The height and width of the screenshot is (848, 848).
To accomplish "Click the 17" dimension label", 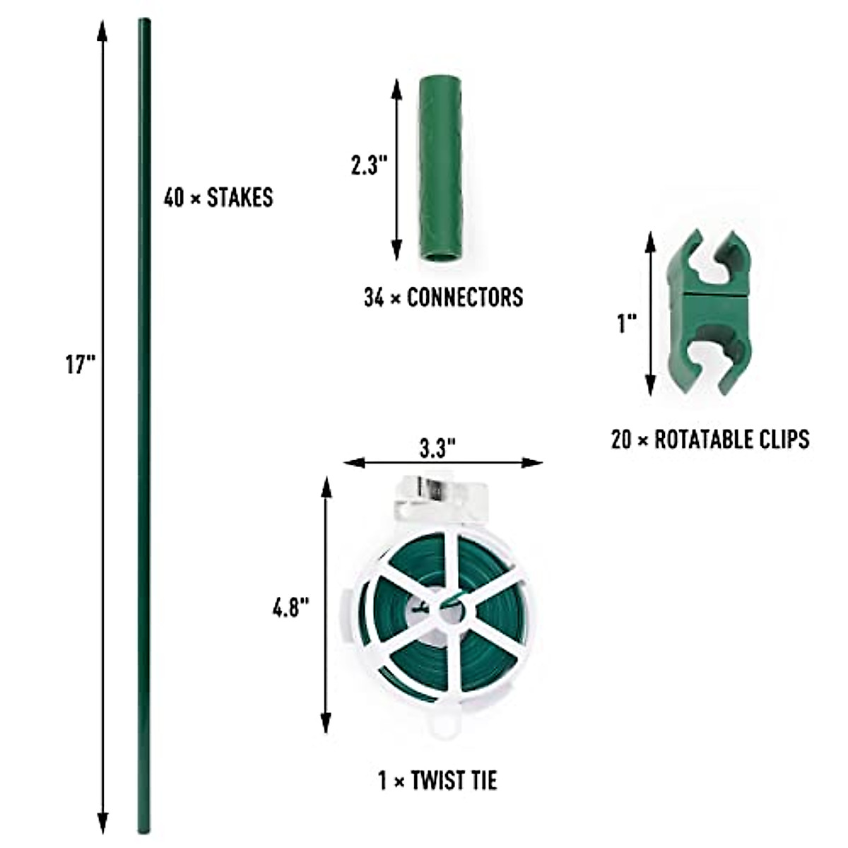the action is (x=80, y=365).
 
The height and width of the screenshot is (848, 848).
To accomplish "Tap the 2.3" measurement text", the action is (x=369, y=166).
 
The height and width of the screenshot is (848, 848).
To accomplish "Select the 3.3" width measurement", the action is (x=437, y=449).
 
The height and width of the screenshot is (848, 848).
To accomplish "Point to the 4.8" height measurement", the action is (x=291, y=608).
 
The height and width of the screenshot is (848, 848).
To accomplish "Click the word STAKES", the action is (x=240, y=198).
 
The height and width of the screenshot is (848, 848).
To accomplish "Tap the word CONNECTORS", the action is (x=465, y=297).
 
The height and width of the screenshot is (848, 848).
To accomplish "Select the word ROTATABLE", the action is (x=702, y=439).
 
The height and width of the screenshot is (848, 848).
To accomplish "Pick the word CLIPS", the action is (x=783, y=439).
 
